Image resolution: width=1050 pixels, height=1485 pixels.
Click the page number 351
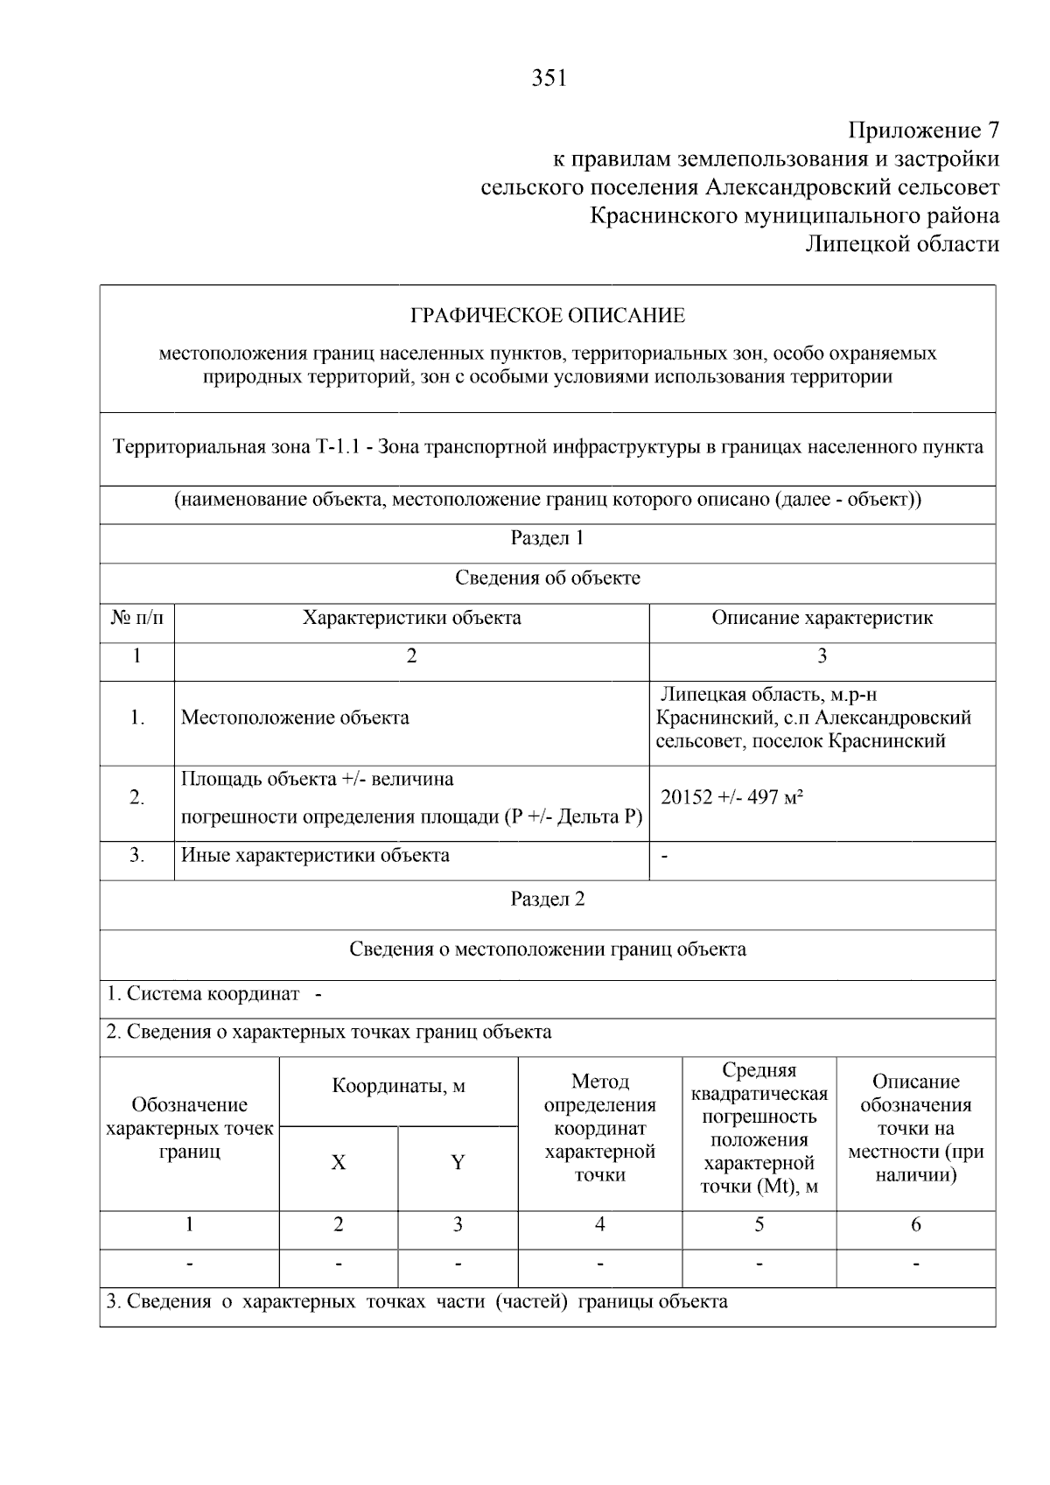549,79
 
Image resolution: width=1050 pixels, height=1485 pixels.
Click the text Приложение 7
923,130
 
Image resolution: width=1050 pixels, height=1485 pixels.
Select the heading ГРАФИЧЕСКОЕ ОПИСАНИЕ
548,315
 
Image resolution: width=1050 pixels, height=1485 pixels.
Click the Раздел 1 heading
547,538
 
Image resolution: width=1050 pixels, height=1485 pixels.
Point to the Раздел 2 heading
547,900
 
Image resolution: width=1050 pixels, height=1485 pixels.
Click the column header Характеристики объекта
411,618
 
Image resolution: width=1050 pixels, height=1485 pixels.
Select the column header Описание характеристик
822,618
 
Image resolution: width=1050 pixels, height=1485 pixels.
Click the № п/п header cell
136,618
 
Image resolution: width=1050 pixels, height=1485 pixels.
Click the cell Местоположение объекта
295,718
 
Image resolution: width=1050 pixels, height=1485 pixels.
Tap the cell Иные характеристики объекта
315,855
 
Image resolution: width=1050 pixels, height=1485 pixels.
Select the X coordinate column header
338,1163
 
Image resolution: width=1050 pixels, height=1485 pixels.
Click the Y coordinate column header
458,1163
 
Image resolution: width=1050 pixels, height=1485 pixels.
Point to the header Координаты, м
398,1087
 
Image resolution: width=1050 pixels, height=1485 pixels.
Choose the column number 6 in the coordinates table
915,1225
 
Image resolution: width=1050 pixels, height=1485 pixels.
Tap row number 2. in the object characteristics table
136,797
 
